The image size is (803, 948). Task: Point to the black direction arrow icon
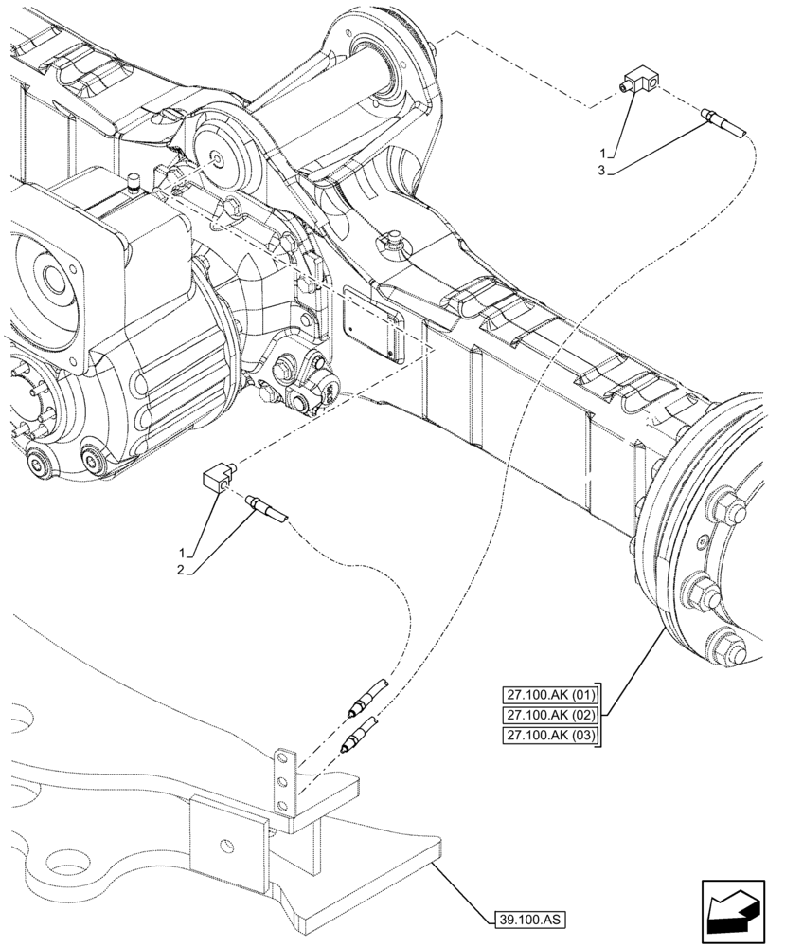coord(730,908)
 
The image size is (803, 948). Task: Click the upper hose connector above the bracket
coord(367,697)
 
